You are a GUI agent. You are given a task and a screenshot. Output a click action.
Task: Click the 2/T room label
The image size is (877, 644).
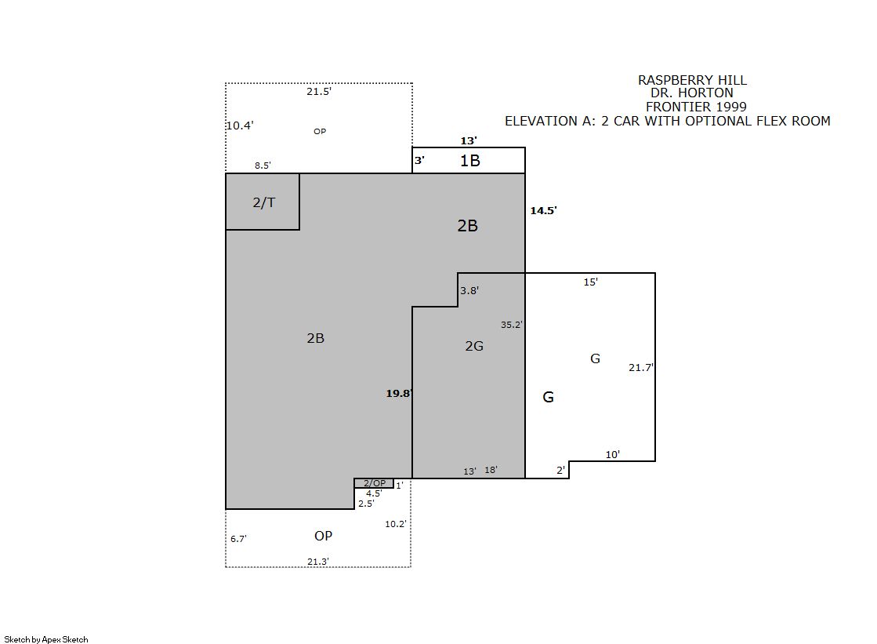(264, 202)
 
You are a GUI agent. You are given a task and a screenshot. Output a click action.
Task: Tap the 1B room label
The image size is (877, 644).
(469, 162)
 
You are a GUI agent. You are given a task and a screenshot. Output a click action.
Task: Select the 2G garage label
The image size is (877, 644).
(474, 346)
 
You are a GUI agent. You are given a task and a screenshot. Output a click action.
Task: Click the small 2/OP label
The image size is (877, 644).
(375, 483)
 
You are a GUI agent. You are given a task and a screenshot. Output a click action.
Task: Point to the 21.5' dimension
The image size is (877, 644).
(319, 91)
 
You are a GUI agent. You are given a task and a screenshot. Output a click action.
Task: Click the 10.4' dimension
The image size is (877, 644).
(240, 126)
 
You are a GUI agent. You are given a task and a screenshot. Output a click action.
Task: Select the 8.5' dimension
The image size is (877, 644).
(263, 166)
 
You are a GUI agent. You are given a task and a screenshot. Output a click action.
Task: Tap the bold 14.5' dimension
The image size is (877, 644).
(544, 210)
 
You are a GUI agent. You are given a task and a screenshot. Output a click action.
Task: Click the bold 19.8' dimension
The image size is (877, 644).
(399, 393)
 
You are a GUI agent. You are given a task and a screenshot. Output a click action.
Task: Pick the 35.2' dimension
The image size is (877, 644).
(512, 325)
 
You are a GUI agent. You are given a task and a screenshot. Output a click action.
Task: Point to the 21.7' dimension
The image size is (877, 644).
(641, 367)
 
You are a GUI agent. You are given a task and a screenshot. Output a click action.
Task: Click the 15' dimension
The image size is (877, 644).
(591, 282)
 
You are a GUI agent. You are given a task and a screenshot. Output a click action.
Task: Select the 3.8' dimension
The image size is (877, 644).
(469, 291)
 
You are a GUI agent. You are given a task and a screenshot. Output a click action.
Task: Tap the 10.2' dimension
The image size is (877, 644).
(396, 524)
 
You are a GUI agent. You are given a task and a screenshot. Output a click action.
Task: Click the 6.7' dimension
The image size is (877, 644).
(238, 539)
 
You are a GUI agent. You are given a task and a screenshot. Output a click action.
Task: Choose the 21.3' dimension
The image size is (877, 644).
(317, 562)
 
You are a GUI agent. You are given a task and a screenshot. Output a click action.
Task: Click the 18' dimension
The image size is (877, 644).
(491, 470)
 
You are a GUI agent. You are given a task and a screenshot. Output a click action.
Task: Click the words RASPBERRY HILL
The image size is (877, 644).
(692, 80)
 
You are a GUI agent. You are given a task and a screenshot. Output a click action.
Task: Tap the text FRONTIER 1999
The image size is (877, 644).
(696, 107)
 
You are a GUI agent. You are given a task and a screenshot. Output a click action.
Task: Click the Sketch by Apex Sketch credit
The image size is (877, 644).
(46, 639)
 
